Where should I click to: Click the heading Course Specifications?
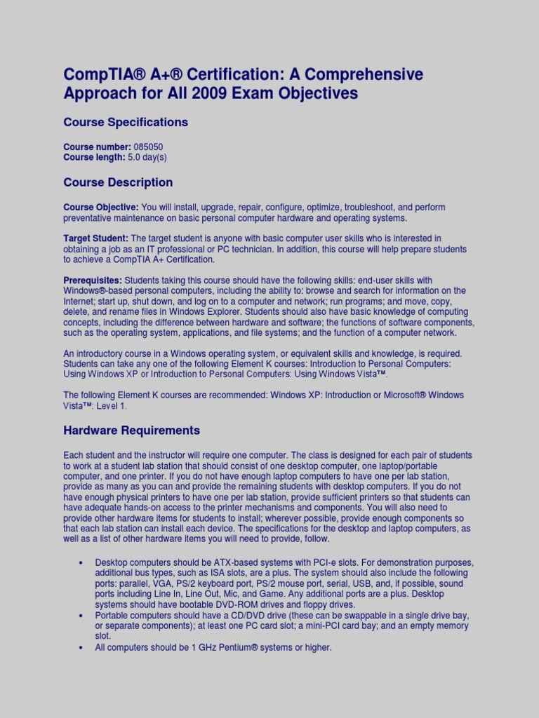126,122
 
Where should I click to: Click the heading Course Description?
118,182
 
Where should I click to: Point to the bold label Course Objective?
101,208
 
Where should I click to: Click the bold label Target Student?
96,239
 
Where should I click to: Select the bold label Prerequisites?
93,280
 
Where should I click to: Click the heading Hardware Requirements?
132,431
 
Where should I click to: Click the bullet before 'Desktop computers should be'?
81,563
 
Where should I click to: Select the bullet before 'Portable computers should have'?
81,616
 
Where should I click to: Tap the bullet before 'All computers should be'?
81,647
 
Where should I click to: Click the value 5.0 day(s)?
147,158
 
